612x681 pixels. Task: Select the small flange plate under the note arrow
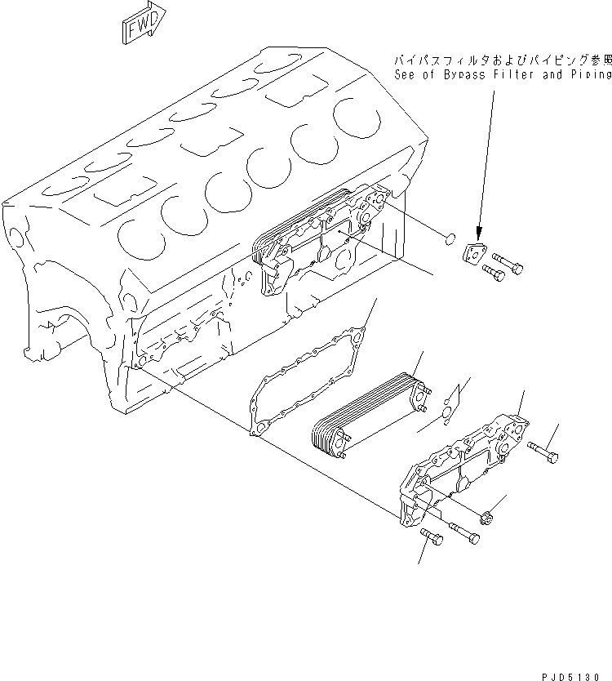coord(474,255)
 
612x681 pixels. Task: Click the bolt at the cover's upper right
coord(544,449)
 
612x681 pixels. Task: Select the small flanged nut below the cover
coord(489,516)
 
